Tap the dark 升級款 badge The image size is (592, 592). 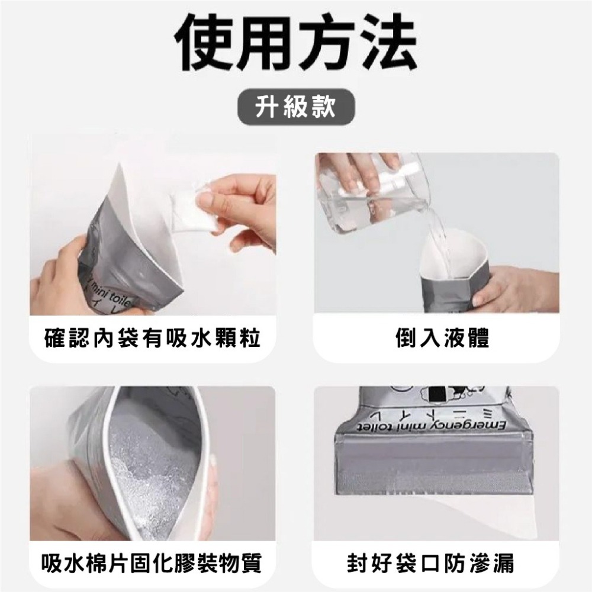[x=296, y=108]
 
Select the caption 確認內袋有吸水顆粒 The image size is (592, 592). [x=153, y=339]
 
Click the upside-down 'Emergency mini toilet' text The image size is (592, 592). [x=426, y=425]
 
